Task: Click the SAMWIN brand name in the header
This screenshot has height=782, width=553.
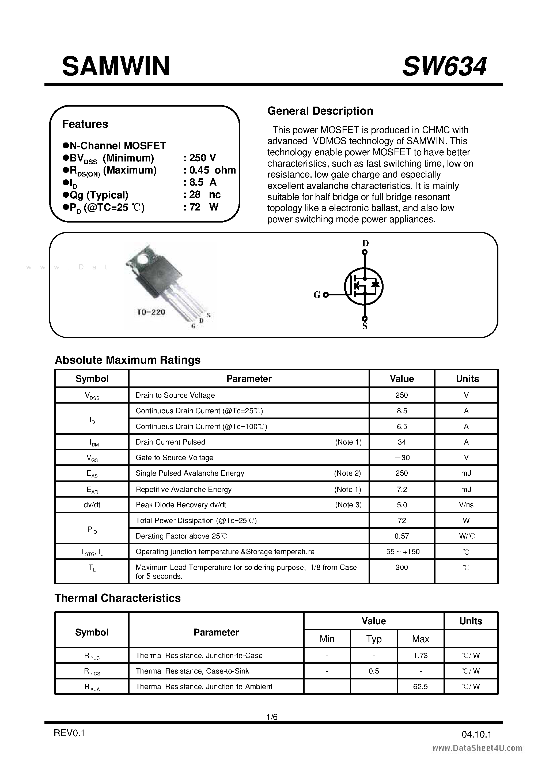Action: click(x=116, y=66)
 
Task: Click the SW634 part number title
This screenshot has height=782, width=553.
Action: click(x=444, y=66)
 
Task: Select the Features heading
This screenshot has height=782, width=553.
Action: click(x=85, y=124)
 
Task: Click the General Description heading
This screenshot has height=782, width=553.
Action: click(x=320, y=111)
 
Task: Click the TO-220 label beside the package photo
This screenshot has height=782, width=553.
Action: click(x=151, y=312)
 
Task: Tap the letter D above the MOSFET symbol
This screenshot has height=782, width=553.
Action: click(x=365, y=243)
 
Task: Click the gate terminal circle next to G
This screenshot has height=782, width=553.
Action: click(x=325, y=295)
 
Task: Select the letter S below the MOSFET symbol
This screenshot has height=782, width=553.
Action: click(x=365, y=326)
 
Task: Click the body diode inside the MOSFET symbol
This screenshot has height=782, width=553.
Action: click(x=375, y=284)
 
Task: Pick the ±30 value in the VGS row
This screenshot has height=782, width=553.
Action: click(x=402, y=457)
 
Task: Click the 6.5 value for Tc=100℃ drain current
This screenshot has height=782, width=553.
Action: click(x=402, y=426)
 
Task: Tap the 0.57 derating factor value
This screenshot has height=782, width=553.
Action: click(x=402, y=536)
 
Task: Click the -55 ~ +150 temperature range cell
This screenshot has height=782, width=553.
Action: click(x=402, y=552)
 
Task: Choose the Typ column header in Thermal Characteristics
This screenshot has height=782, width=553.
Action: click(x=374, y=639)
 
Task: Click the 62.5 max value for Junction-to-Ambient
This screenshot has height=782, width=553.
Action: click(x=420, y=687)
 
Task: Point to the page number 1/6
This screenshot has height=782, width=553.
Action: click(x=272, y=717)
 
